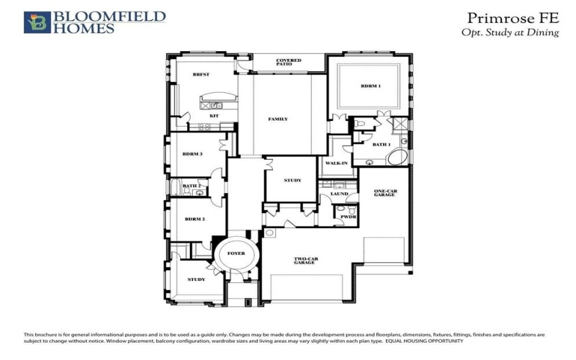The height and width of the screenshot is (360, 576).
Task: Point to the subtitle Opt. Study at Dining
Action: click(510, 33)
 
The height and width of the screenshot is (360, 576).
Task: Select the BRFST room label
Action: click(200, 75)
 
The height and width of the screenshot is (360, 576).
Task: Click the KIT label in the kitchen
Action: click(214, 115)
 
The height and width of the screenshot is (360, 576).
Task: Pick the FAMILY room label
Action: click(278, 119)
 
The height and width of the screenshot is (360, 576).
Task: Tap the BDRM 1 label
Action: click(371, 86)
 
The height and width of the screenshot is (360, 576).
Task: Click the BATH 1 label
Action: click(382, 144)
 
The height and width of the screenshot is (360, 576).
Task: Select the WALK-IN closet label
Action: click(336, 163)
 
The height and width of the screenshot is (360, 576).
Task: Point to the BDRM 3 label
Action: click(192, 153)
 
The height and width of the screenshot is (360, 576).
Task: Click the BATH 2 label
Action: click(191, 186)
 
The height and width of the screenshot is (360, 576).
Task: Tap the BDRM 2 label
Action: click(195, 219)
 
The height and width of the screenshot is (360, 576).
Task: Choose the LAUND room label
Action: click(339, 194)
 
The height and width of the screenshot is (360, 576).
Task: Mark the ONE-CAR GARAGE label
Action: click(385, 193)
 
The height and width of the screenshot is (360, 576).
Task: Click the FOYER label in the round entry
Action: click(236, 253)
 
